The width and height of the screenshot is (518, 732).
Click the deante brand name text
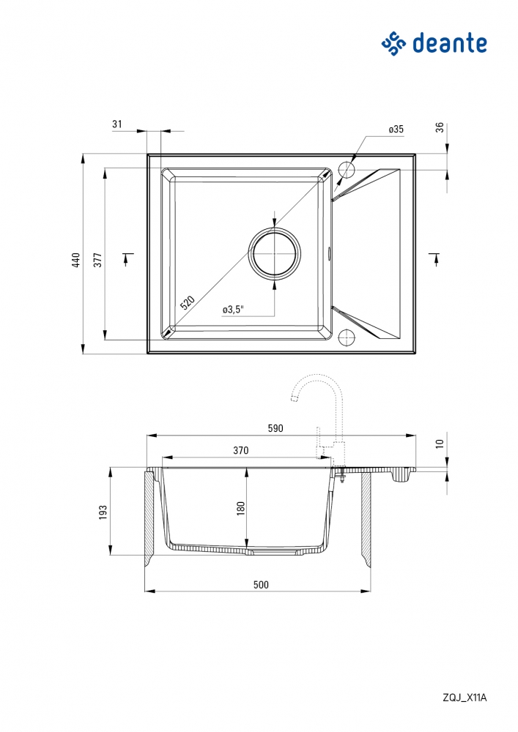(450, 43)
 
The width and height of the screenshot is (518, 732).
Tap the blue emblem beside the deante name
(393, 44)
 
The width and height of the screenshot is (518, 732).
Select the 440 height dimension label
(75, 260)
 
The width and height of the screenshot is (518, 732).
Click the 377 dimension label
(97, 260)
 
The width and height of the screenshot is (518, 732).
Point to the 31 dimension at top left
(116, 124)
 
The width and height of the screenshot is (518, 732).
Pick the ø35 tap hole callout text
(396, 130)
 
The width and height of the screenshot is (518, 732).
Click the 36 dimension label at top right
(440, 127)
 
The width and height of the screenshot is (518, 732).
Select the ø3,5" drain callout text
(233, 310)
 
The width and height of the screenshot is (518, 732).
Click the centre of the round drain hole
(274, 253)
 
